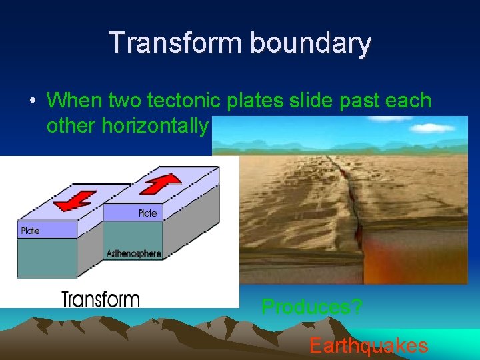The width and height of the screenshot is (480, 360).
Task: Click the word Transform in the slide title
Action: pyautogui.click(x=175, y=43)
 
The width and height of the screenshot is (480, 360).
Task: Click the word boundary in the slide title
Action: pyautogui.click(x=310, y=43)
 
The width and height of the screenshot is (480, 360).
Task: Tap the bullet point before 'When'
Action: pyautogui.click(x=32, y=101)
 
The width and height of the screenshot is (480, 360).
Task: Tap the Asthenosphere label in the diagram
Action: pyautogui.click(x=133, y=253)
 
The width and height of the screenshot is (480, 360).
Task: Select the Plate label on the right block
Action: pyautogui.click(x=148, y=213)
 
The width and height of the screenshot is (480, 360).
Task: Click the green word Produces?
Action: pyautogui.click(x=312, y=307)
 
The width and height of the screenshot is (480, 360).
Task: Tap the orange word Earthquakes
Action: pyautogui.click(x=369, y=345)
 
